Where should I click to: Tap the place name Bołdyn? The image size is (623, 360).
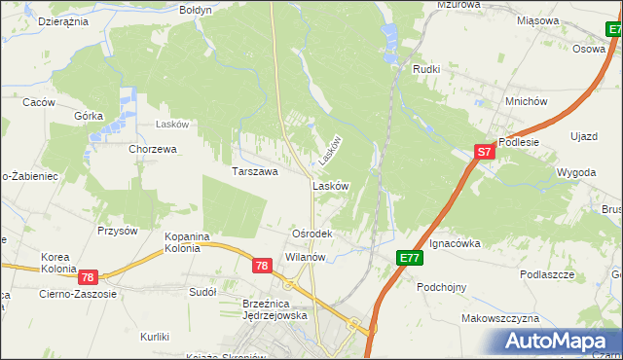tap(196, 9)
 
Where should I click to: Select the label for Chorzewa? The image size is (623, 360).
tap(153, 149)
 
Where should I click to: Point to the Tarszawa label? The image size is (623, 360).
tap(255, 171)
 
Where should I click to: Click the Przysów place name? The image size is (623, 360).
tap(118, 231)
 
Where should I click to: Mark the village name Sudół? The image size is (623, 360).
tap(202, 291)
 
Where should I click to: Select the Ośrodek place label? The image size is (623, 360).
tap(312, 234)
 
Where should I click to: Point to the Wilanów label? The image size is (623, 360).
tap(305, 257)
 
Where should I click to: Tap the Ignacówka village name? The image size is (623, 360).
tap(456, 243)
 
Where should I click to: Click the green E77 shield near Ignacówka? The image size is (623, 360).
tap(409, 258)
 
